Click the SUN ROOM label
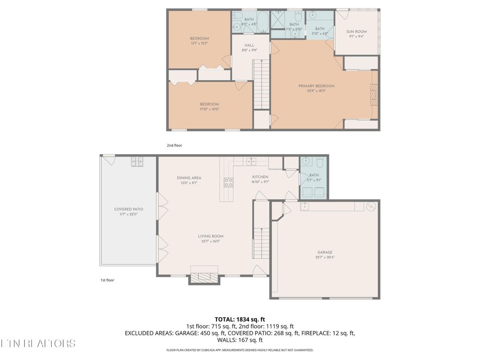[x=356, y=32]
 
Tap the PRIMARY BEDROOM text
[x=316, y=86]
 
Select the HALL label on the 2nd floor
[x=249, y=45]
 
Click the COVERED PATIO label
[x=128, y=210]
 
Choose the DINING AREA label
[x=189, y=178]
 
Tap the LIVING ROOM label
[x=210, y=236]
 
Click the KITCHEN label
[x=260, y=177]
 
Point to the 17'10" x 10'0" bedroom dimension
[x=209, y=109]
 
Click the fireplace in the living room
[x=203, y=277]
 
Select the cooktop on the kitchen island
[x=229, y=182]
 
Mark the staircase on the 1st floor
[x=261, y=241]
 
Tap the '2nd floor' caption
[x=174, y=146]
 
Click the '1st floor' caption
[x=107, y=280]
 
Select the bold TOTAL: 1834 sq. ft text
[x=240, y=319]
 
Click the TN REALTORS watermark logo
[x=37, y=344]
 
